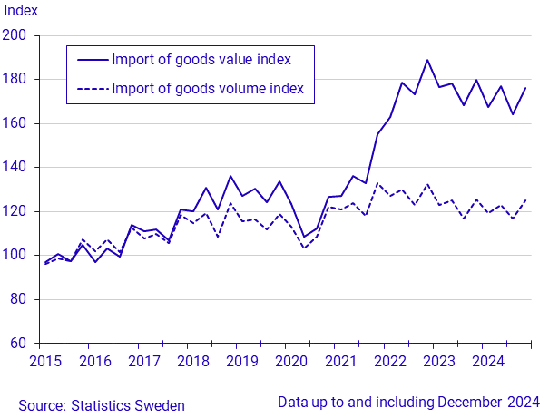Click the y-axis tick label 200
click(x=17, y=35)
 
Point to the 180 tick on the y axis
click(x=17, y=80)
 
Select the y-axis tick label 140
click(x=17, y=168)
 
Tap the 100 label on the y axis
click(x=17, y=256)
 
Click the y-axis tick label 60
click(x=21, y=344)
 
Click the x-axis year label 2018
click(x=192, y=361)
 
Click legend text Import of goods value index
click(x=201, y=60)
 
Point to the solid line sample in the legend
click(x=92, y=60)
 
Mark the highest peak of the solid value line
click(x=427, y=60)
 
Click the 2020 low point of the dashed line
click(x=304, y=248)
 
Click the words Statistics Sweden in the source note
click(x=130, y=405)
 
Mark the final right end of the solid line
click(x=526, y=88)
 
